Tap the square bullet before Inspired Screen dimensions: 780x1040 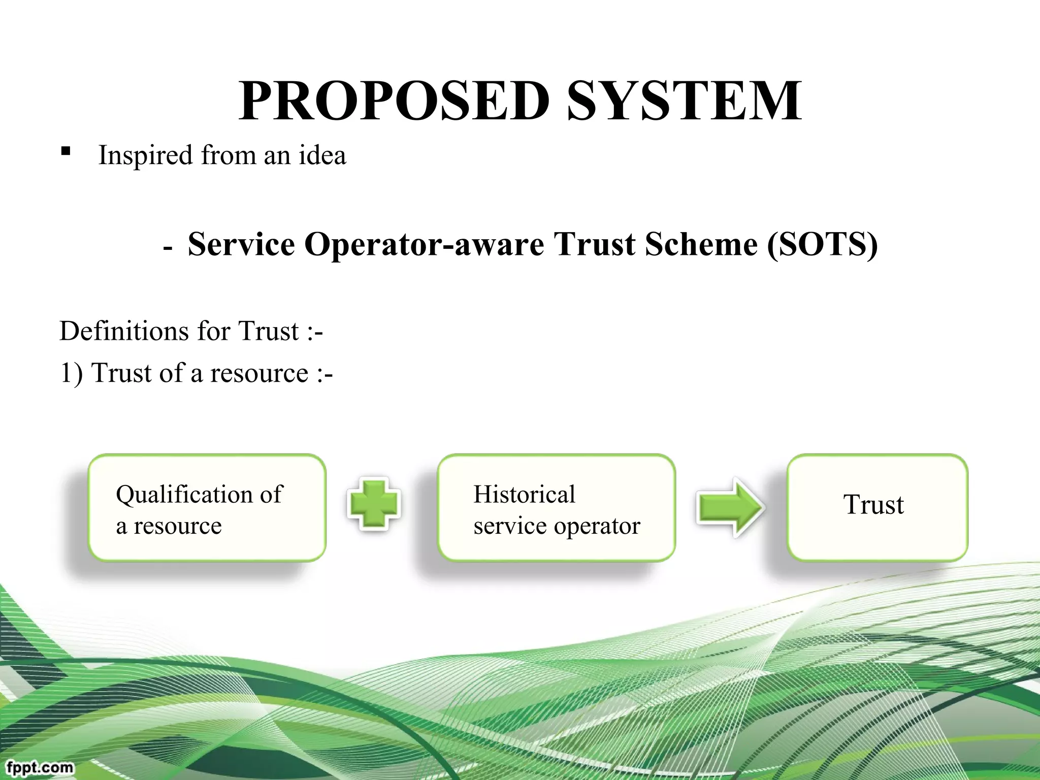[x=66, y=151]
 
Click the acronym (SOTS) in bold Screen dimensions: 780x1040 [x=822, y=245]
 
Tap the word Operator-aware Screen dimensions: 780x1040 [x=424, y=245]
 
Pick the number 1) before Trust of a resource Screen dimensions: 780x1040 [x=71, y=374]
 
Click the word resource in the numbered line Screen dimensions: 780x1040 [x=259, y=374]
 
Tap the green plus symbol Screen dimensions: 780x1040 [x=374, y=504]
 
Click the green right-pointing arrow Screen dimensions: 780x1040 [x=729, y=507]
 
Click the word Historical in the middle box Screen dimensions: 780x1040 [x=524, y=495]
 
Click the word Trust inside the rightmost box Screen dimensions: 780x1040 [x=873, y=505]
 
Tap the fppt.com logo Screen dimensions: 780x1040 [x=40, y=767]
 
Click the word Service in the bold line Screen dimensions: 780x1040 [x=241, y=245]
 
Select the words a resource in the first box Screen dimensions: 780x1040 [x=169, y=526]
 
